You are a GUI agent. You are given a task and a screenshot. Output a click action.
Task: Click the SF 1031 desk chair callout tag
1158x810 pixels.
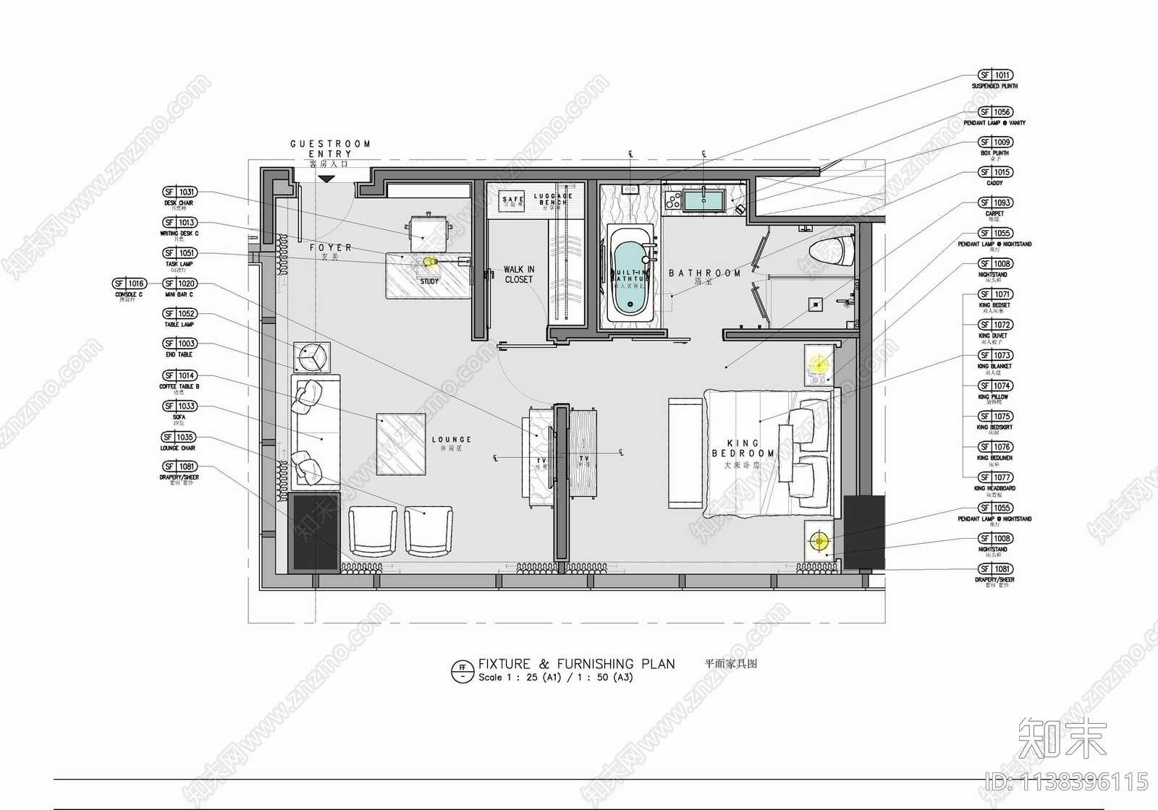click(179, 192)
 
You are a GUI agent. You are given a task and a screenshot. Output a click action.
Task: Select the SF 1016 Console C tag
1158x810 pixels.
click(130, 283)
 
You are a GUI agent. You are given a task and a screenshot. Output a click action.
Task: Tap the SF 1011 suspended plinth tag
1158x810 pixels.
click(995, 75)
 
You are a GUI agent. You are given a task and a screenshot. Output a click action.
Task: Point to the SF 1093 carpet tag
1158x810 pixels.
click(995, 202)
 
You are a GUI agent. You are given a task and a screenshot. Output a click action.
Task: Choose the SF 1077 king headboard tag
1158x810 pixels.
click(995, 477)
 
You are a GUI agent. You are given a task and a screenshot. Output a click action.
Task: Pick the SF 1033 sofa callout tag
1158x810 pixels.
click(179, 406)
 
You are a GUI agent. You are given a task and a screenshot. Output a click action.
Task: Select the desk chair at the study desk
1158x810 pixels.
click(430, 230)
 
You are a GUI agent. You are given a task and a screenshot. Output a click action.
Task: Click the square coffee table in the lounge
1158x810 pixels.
click(401, 443)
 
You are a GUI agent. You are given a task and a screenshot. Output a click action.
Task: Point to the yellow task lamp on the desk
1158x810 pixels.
click(429, 261)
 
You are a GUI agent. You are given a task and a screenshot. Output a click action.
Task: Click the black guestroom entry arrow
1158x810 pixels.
click(326, 178)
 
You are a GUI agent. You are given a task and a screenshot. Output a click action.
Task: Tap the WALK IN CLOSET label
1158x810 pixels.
click(519, 274)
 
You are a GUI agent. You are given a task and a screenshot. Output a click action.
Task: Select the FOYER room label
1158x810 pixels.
click(331, 248)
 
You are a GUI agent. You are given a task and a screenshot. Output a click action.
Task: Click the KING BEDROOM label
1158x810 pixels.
click(743, 448)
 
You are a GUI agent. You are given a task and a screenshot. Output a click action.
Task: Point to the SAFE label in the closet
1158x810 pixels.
click(512, 200)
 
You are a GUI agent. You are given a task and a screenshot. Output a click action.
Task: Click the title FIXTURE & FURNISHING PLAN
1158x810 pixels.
click(576, 664)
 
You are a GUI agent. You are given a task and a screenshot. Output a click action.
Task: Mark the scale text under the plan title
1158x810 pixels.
click(555, 678)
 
